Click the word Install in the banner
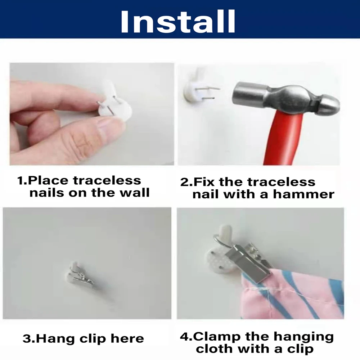coord(178,22)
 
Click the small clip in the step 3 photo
coord(81,274)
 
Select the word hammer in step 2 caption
coord(303,194)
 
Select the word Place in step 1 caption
coord(48,180)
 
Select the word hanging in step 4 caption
coord(303,337)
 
